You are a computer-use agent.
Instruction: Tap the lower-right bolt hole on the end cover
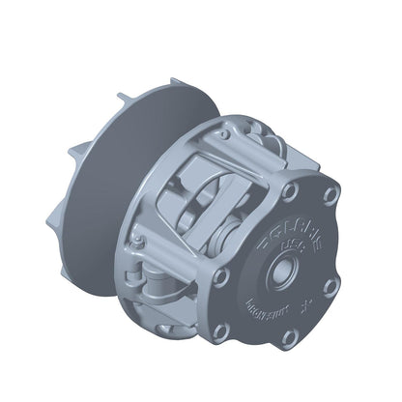pyautogui.click(x=330, y=287)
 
